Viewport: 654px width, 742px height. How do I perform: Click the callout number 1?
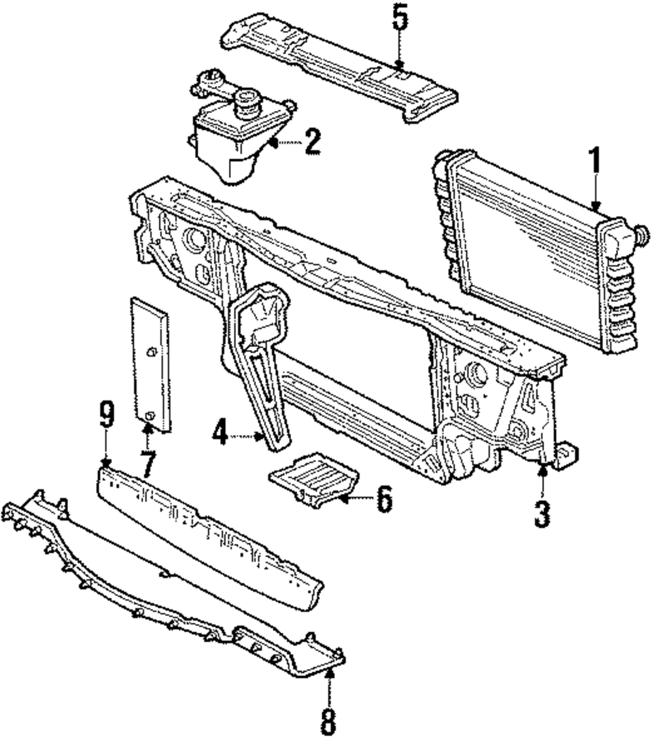594,161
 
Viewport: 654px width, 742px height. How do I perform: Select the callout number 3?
542,513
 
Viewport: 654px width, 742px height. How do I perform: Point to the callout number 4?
221,433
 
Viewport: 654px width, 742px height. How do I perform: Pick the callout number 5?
400,20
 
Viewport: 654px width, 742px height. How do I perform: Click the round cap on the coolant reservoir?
248,102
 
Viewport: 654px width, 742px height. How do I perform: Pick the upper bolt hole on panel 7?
150,353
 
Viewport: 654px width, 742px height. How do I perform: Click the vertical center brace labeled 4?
262,366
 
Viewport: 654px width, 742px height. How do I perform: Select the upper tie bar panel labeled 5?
340,69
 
